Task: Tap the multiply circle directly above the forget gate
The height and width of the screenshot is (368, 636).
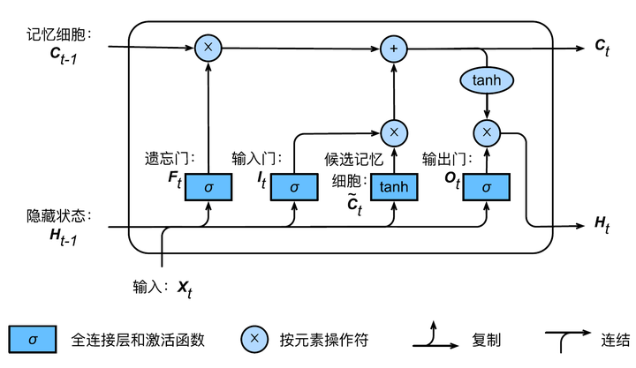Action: pos(208,47)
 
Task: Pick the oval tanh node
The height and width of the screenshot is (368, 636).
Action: pos(487,80)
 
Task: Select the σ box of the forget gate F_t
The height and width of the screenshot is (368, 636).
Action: pos(208,186)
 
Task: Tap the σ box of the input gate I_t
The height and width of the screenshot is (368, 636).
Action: pos(294,186)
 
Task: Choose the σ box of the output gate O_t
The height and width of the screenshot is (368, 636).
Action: pos(487,186)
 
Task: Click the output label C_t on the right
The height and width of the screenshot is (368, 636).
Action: pos(602,46)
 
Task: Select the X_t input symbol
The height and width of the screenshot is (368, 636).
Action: pos(184,287)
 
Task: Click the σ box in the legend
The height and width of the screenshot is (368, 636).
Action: pos(33,338)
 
